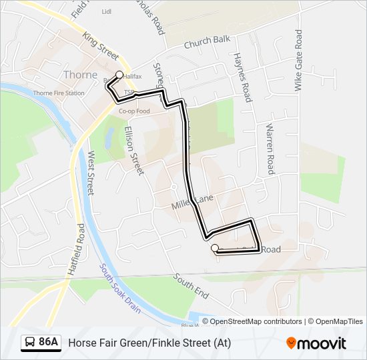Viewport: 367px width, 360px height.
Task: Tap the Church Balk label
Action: coord(207,43)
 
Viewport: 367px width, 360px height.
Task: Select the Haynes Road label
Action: coord(242,77)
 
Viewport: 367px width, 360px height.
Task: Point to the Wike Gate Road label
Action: coord(299,60)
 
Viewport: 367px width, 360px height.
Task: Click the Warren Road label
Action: coord(270,148)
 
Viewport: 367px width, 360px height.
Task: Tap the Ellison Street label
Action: coord(133,151)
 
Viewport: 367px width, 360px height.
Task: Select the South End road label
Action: coord(192,285)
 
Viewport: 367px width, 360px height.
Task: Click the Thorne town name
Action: coord(80,75)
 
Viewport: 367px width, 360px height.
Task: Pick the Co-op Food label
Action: coord(134,111)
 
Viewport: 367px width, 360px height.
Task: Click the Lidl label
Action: coord(106,11)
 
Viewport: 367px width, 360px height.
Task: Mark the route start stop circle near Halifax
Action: coord(120,75)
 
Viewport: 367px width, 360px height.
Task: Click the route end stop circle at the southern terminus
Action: coord(215,249)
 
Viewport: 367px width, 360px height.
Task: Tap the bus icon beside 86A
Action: coord(30,343)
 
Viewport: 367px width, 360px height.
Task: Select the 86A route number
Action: coord(49,343)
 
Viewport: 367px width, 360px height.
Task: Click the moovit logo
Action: coord(316,343)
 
